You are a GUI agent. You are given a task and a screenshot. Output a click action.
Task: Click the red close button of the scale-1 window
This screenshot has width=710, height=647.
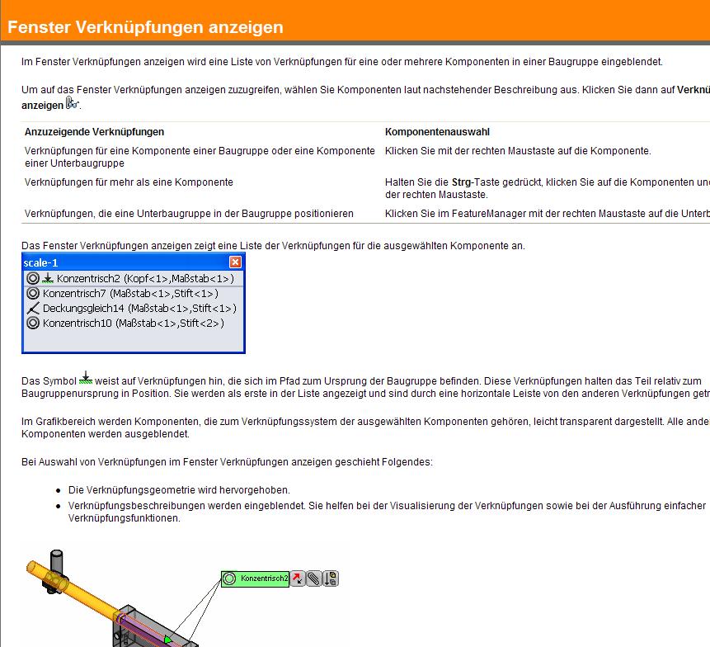(235, 262)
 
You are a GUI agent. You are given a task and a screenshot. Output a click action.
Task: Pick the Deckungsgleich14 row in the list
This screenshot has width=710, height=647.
(139, 308)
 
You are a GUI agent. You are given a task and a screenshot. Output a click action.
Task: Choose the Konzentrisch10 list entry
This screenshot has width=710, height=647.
(132, 323)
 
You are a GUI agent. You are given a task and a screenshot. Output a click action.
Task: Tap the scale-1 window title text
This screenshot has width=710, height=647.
(41, 262)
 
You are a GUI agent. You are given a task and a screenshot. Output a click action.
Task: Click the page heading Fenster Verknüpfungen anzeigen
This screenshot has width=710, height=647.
(145, 27)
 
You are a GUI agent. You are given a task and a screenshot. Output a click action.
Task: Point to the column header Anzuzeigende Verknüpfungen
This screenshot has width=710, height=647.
(94, 131)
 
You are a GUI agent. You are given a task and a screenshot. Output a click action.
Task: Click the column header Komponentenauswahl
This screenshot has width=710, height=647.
(438, 131)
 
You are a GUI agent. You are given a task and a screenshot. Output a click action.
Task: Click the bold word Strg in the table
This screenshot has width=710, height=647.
(462, 182)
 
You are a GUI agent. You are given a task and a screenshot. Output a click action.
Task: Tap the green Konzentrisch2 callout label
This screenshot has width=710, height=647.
(264, 579)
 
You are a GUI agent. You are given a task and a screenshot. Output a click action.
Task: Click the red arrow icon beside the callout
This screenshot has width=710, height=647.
(299, 579)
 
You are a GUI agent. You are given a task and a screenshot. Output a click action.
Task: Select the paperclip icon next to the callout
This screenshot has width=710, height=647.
(314, 579)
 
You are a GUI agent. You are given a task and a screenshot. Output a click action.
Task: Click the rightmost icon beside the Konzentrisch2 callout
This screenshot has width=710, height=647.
(330, 579)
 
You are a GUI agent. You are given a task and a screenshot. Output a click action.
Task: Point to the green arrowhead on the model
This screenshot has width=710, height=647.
(169, 640)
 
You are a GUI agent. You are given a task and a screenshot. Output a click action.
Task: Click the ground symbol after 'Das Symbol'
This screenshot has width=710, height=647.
(86, 380)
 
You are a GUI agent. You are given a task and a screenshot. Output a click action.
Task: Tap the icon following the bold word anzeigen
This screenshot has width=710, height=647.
(73, 104)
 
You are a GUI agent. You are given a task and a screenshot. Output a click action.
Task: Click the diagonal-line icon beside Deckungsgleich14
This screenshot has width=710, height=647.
(33, 309)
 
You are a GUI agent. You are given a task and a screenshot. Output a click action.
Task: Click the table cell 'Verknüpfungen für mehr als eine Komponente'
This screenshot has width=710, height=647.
(129, 182)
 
